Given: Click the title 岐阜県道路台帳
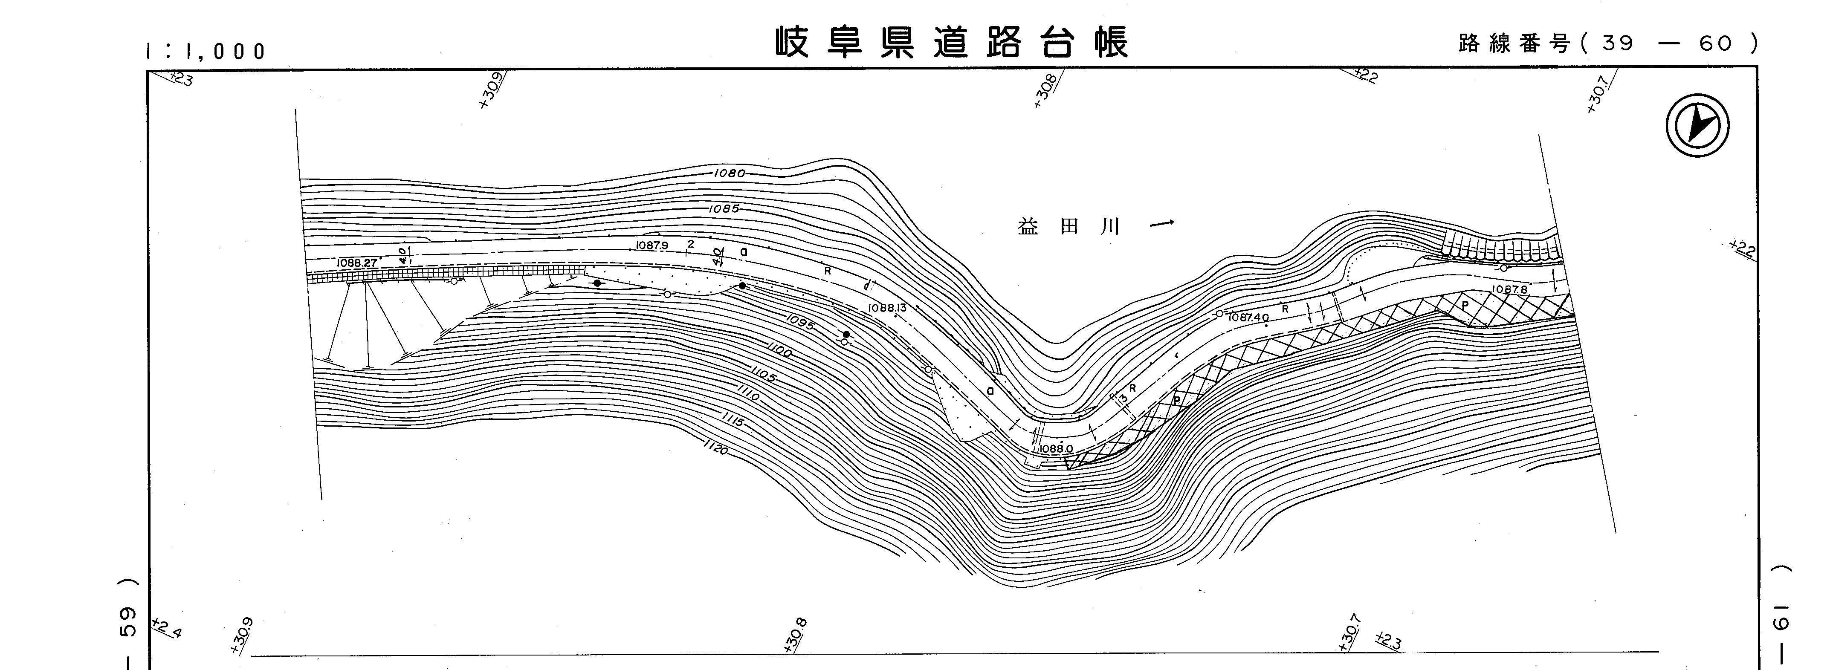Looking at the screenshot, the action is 951,43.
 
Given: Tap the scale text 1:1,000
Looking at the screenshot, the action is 205,51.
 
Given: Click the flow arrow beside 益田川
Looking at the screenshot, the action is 1162,225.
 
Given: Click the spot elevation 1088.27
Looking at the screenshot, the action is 356,263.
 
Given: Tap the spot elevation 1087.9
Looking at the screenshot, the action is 652,245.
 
